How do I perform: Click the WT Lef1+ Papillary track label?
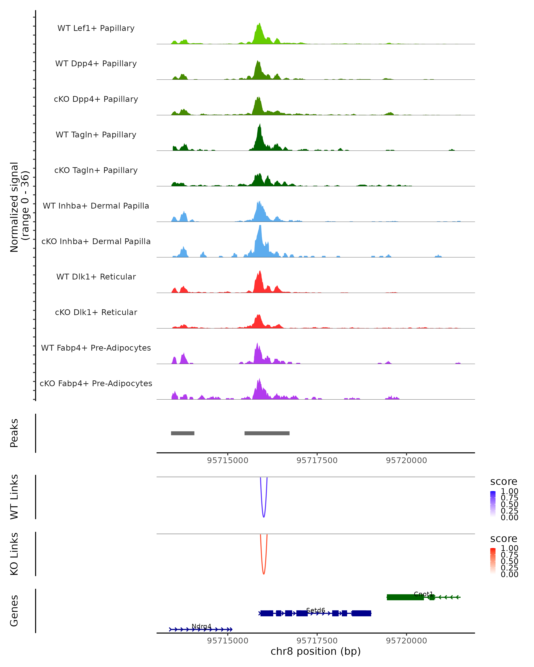coord(96,28)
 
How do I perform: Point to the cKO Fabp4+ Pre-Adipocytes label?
coord(96,383)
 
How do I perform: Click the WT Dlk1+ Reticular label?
coord(96,277)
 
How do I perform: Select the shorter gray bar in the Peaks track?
coord(183,433)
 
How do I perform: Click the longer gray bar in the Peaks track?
coord(267,433)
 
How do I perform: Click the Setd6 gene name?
coord(316,610)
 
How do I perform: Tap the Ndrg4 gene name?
coord(201,626)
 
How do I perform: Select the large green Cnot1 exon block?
coord(405,597)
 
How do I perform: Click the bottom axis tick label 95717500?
coord(317,641)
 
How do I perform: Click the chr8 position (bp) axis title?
coord(316,651)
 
